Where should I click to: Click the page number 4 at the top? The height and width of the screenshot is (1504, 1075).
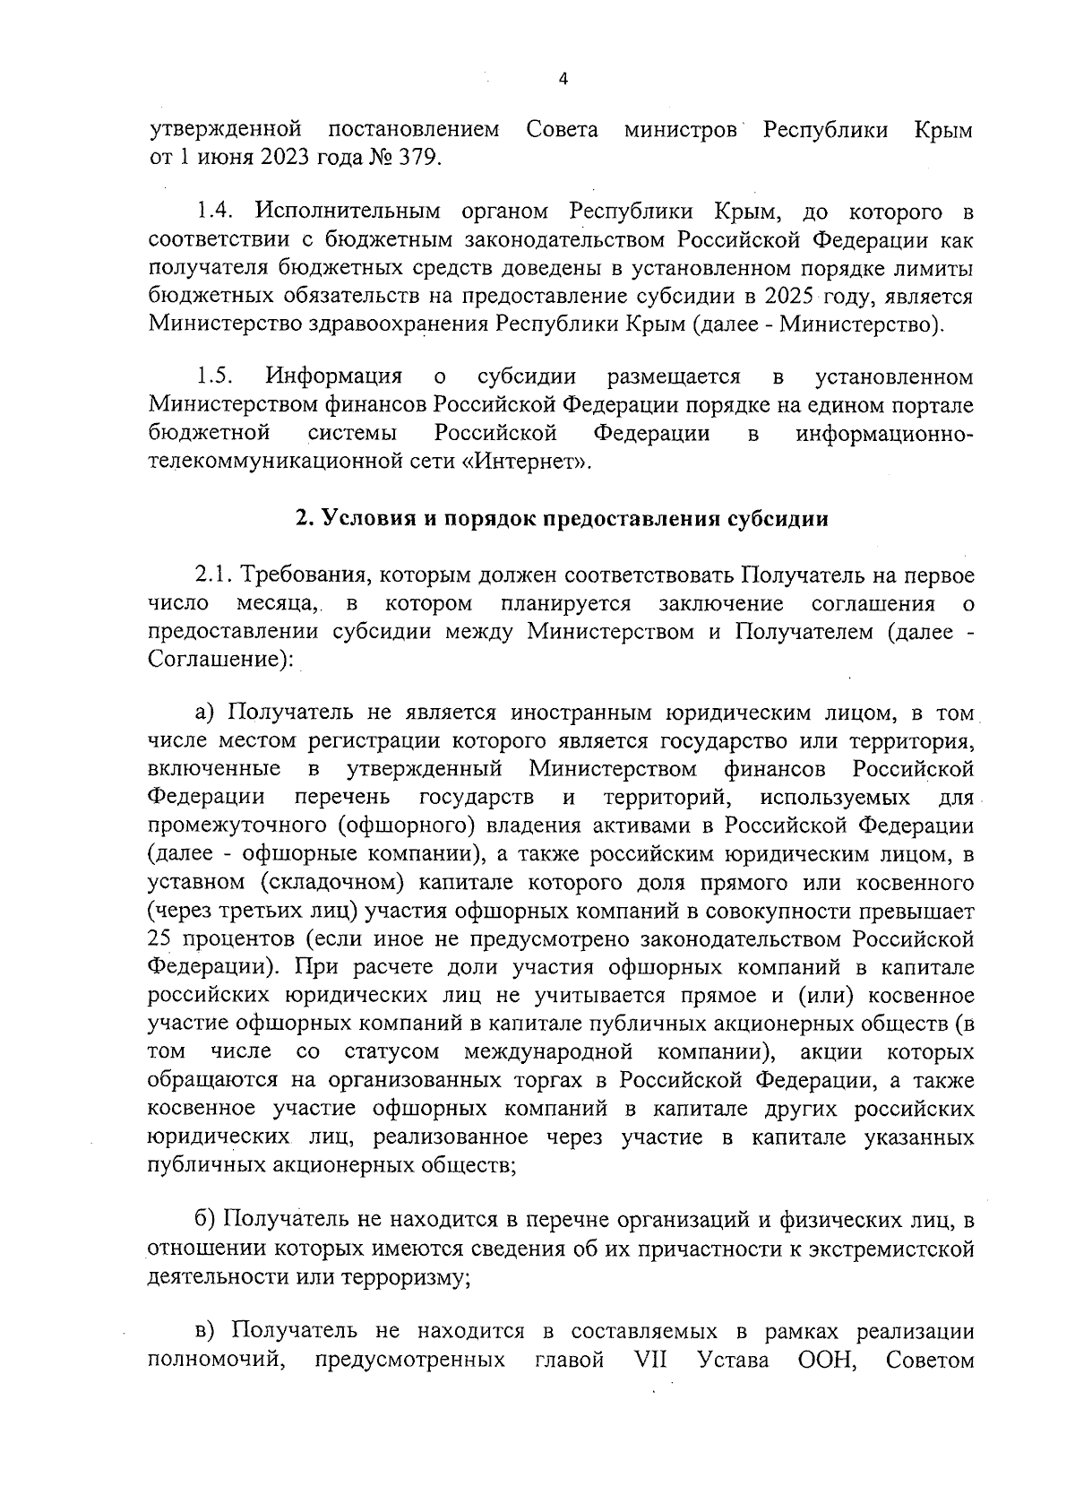[x=563, y=79]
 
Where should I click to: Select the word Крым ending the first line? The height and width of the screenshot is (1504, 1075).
[x=943, y=130]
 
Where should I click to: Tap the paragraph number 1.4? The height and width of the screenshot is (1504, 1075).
[x=215, y=212]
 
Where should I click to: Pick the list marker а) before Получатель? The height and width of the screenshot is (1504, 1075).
[x=206, y=714]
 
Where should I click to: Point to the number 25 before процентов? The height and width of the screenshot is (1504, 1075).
[x=161, y=939]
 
